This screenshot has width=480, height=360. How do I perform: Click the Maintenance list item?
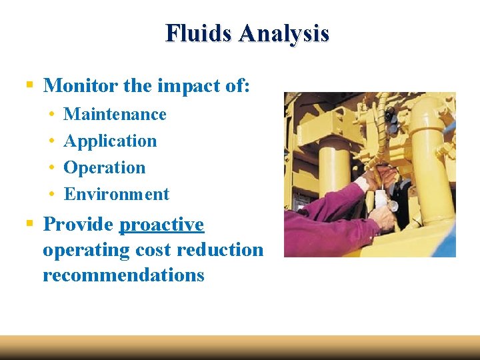115,114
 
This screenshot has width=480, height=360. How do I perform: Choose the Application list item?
110,141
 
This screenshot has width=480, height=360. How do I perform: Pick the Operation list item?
104,167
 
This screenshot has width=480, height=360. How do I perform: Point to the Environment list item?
117,194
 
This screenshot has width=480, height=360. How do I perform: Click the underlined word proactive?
161,225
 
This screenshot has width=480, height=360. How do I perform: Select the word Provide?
78,225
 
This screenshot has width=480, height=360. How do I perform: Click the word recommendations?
123,275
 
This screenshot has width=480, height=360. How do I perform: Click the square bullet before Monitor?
29,85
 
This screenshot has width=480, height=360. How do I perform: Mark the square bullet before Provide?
29,225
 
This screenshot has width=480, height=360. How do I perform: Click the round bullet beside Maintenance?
51,115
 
